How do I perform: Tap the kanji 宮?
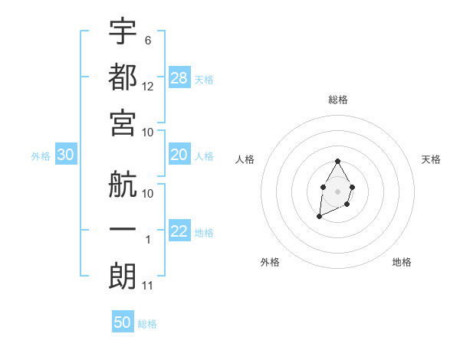coord(123,123)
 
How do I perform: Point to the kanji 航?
coord(123,185)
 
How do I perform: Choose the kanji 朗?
coord(123,277)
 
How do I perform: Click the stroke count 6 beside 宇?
coord(148,40)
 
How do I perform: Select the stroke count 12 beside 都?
coord(149,86)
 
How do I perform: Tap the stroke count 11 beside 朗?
coord(148,286)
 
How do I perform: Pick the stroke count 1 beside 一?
coord(148,240)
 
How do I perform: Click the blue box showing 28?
coord(179,78)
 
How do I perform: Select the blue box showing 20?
coord(179,155)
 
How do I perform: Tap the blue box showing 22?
coord(179,231)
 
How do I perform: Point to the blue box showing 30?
coord(66,155)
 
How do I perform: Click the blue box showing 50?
coord(123,322)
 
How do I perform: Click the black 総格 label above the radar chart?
coord(338,100)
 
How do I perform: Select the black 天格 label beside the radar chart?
coord(432,159)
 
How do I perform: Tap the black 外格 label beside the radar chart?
coord(270,262)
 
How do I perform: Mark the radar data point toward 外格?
coord(319,218)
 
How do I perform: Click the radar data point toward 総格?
coord(338,161)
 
